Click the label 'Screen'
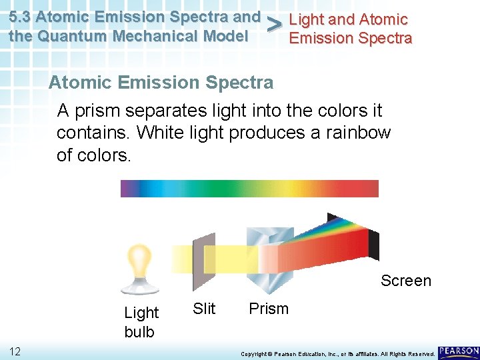[405, 281]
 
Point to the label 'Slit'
[204, 308]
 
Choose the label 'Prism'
[268, 309]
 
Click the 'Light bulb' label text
[141, 321]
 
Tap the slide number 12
[17, 351]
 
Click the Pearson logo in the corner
[459, 351]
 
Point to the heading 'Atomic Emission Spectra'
[161, 83]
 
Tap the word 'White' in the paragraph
[158, 132]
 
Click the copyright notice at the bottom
[337, 353]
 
